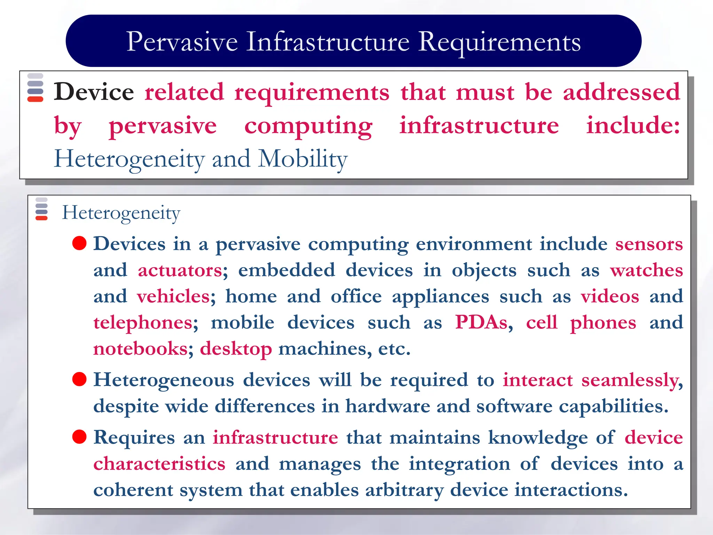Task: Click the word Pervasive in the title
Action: tap(182, 42)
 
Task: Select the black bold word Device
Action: tap(94, 92)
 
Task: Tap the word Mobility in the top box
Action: tap(303, 159)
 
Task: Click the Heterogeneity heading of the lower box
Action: tap(121, 212)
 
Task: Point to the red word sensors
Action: tap(649, 244)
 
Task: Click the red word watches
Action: tap(647, 270)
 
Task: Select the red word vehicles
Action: tap(173, 296)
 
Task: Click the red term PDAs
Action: tap(481, 322)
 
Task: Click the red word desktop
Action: tap(236, 349)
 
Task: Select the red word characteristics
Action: tap(159, 464)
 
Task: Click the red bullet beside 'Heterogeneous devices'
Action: tap(79, 379)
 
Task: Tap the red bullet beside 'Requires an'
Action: tap(79, 437)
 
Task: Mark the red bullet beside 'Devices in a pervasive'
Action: tap(79, 243)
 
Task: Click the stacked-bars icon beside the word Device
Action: tap(35, 87)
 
